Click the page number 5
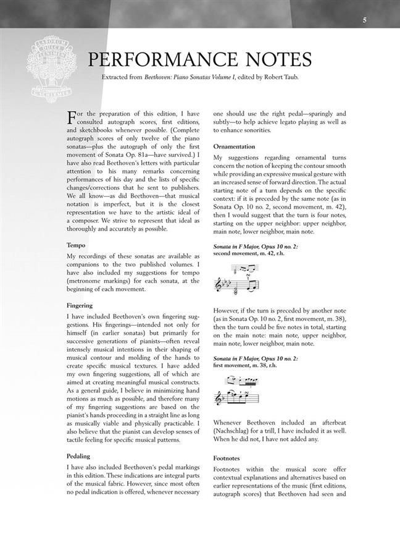point(364,20)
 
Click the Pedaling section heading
point(78,456)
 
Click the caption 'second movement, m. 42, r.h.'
point(250,253)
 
